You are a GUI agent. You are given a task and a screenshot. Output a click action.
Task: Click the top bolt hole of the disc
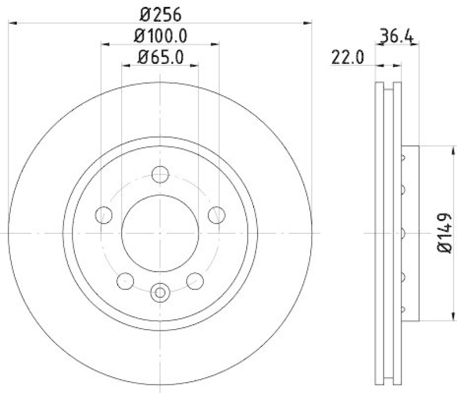(161, 175)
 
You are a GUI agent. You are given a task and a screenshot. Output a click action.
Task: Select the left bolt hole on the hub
(103, 215)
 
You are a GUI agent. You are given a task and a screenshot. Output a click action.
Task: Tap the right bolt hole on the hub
(217, 215)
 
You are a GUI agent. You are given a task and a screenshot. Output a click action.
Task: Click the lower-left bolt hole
(125, 281)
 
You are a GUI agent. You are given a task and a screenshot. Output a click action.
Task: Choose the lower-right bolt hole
(195, 281)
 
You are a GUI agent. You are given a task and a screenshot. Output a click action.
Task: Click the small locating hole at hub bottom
(161, 293)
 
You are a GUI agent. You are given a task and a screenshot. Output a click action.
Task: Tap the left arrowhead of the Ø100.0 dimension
(104, 44)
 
